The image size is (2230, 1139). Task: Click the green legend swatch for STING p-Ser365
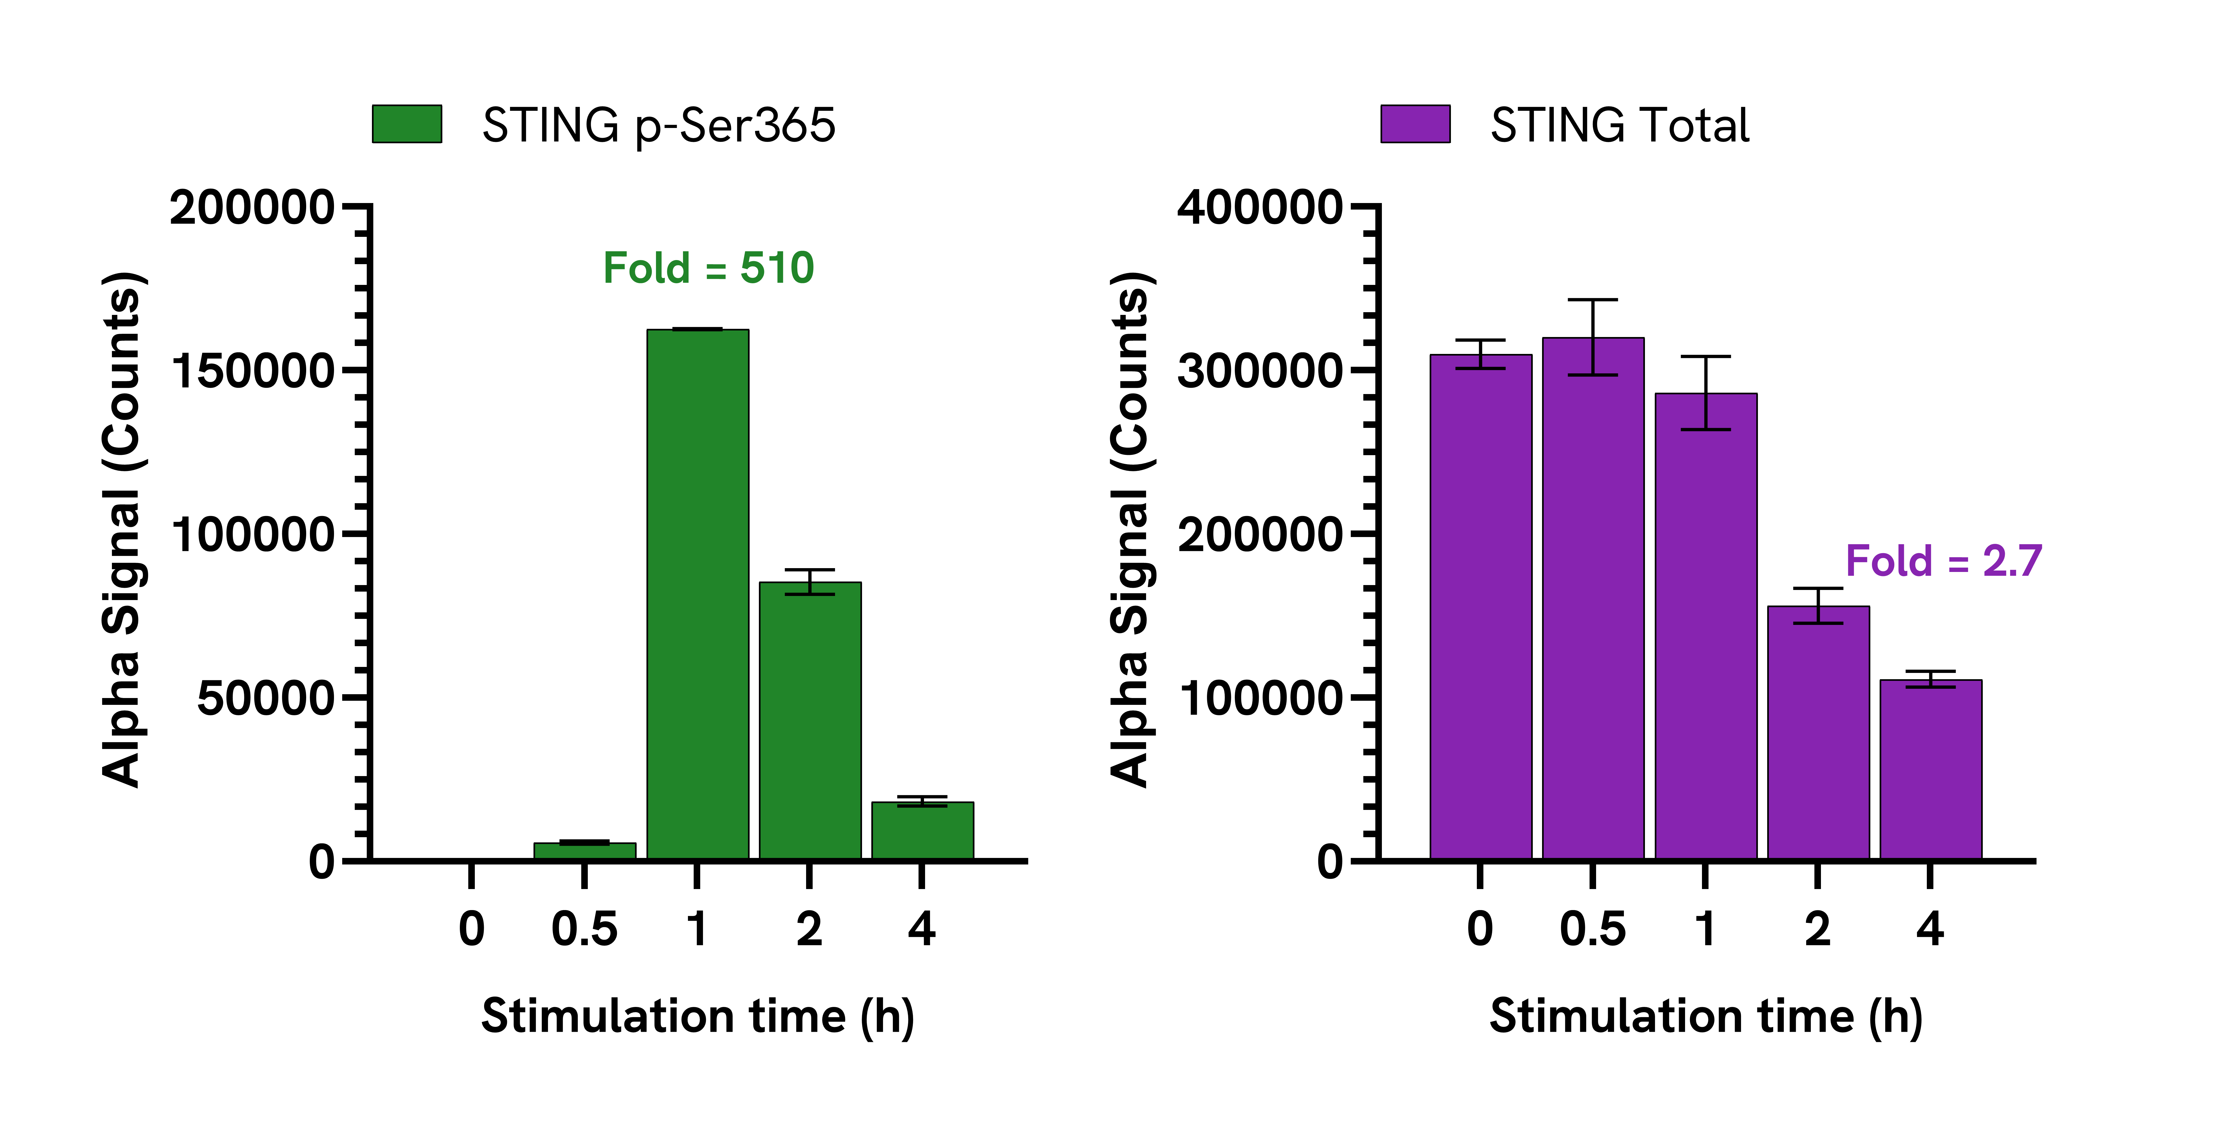click(407, 124)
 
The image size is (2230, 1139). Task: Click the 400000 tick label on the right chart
click(1260, 208)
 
